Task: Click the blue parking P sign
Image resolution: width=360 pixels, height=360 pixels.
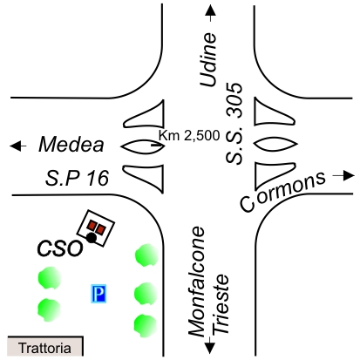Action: click(x=98, y=294)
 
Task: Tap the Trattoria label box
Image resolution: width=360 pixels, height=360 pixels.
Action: click(x=45, y=346)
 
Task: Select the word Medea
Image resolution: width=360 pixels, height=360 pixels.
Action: click(x=71, y=145)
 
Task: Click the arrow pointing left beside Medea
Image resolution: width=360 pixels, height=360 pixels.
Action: click(x=18, y=146)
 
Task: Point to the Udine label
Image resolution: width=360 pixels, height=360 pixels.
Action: click(x=208, y=59)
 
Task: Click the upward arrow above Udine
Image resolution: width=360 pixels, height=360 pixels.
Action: click(x=210, y=13)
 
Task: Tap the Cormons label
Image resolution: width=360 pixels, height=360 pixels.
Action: click(x=282, y=191)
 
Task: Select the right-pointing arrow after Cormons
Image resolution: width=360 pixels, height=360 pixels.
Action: click(x=343, y=175)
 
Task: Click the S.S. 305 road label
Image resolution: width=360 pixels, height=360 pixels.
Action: click(x=234, y=124)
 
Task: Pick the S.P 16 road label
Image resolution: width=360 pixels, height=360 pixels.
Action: click(x=78, y=178)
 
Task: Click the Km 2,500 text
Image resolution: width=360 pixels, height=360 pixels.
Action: click(x=189, y=135)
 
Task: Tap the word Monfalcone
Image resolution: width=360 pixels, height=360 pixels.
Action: click(x=197, y=282)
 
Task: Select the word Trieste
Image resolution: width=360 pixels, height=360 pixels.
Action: click(x=220, y=304)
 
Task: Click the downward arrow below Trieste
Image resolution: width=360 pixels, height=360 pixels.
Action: click(x=210, y=345)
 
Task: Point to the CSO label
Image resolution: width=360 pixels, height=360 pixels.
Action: click(x=60, y=248)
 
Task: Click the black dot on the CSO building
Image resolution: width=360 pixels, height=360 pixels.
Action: click(x=92, y=238)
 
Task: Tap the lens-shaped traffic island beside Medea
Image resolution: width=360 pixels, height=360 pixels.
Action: click(x=143, y=146)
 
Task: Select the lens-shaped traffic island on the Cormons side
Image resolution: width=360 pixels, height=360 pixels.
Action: click(x=275, y=144)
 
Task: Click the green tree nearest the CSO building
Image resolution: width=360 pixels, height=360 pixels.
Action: click(x=146, y=255)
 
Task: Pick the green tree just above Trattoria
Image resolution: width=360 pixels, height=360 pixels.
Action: click(x=49, y=310)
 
